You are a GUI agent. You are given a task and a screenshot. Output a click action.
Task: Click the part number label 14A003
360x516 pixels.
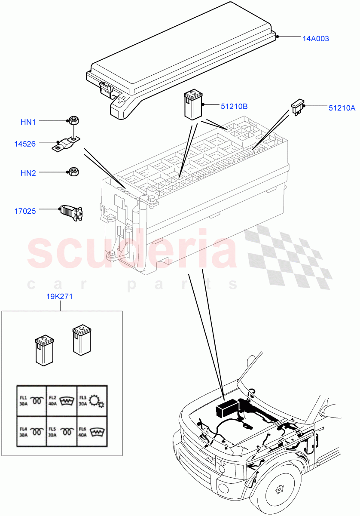315,39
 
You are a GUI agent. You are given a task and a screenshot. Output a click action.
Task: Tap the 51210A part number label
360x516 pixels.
342,108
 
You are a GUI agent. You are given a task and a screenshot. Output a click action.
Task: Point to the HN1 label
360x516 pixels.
28,122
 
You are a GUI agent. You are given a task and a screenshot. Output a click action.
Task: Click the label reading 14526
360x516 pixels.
24,144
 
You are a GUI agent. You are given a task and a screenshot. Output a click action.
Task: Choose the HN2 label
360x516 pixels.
28,173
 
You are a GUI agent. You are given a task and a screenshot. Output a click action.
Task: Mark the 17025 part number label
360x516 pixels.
24,211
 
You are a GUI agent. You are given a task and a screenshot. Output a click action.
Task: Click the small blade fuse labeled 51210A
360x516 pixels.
298,106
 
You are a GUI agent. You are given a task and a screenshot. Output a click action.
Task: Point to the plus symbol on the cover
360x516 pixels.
122,102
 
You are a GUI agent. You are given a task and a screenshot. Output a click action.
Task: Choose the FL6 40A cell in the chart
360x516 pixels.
92,431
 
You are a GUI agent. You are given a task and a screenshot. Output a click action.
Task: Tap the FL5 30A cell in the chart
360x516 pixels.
61,431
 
